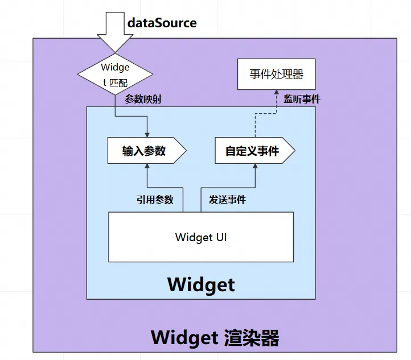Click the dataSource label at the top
click(x=162, y=23)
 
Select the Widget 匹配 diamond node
click(x=115, y=74)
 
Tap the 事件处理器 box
click(x=276, y=74)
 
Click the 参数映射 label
click(x=143, y=99)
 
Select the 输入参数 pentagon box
click(x=146, y=151)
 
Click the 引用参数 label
click(x=155, y=200)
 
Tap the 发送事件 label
click(x=227, y=200)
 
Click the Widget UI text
click(x=201, y=237)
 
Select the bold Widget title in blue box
click(x=201, y=283)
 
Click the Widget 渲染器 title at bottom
click(x=215, y=337)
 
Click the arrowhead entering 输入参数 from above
click(x=147, y=134)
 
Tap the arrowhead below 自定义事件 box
click(x=255, y=167)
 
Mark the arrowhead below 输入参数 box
click(x=147, y=167)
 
